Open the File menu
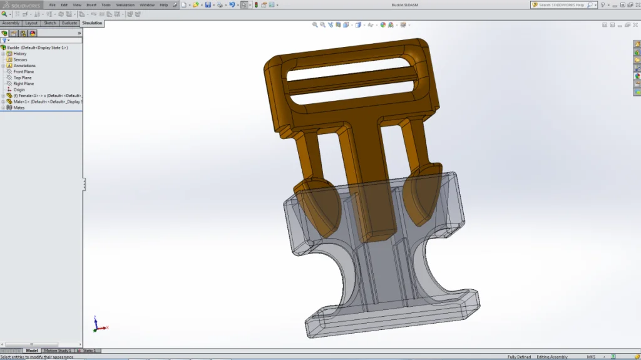[53, 4]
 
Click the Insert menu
[91, 4]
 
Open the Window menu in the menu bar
[147, 4]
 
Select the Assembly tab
[11, 23]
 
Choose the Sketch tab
[49, 23]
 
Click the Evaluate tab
[69, 23]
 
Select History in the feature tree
[20, 54]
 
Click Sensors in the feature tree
[20, 59]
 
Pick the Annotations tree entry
[24, 66]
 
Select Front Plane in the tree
[24, 71]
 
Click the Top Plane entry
[23, 78]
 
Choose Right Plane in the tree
[24, 83]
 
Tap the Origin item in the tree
[19, 90]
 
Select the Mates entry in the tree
[19, 108]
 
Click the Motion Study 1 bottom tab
[56, 351]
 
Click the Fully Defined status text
[520, 357]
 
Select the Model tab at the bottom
[32, 351]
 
